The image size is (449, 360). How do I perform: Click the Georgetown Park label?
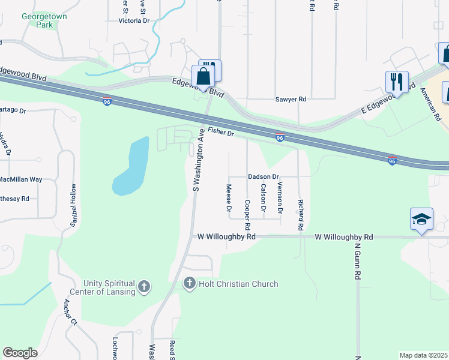[x=44, y=21]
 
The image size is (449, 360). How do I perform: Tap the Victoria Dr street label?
[x=134, y=20]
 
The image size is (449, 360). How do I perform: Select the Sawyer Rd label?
[x=291, y=99]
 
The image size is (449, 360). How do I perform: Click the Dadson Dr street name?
[x=264, y=177]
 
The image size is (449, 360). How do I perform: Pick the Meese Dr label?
[x=229, y=199]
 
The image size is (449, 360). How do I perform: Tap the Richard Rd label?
[x=300, y=216]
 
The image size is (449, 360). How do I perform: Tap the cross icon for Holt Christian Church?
[x=189, y=283]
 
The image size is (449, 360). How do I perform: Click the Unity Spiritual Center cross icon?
[x=143, y=287]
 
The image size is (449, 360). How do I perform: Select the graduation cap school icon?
[x=421, y=219]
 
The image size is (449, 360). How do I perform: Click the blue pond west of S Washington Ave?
[x=130, y=168]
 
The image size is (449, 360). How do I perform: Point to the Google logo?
[x=20, y=353]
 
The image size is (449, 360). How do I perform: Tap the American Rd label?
[x=430, y=103]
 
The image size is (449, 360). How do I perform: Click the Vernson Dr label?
[x=280, y=199]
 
